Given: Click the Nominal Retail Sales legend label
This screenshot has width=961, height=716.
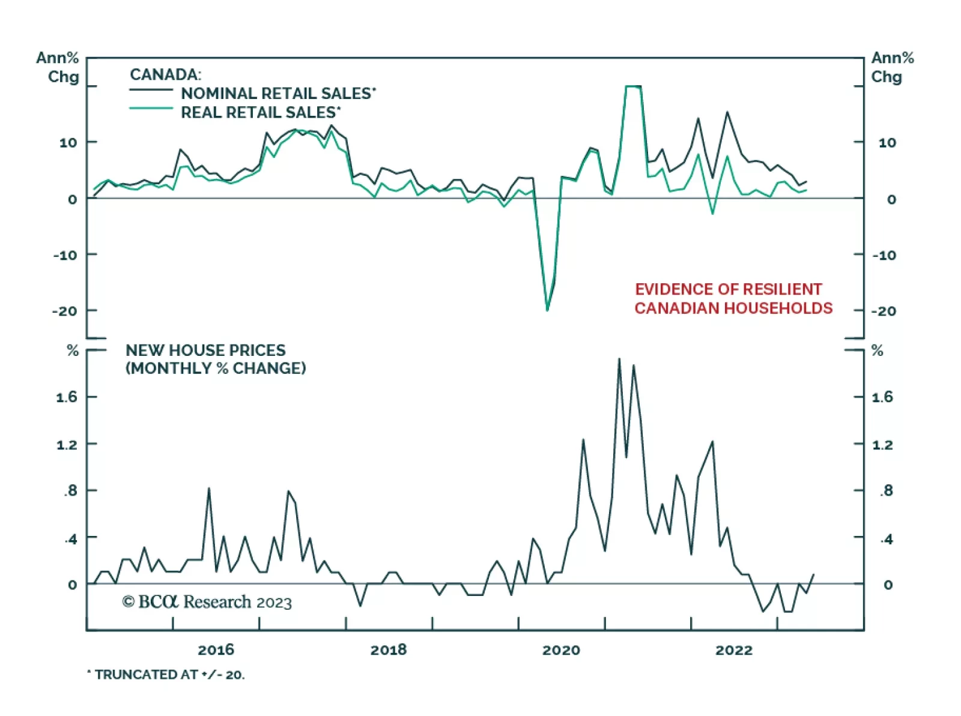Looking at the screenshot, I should coord(278,94).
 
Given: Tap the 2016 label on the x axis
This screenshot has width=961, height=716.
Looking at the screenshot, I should coord(216,650).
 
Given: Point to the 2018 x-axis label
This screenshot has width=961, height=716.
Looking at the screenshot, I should coord(389,650).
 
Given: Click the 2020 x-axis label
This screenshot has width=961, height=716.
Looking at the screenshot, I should coord(561,650).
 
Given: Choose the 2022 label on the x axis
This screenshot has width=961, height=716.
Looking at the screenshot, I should coord(734,650).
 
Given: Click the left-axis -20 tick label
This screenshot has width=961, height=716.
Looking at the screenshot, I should coord(64,311).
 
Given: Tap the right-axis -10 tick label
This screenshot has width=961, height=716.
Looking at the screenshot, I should coord(884,255).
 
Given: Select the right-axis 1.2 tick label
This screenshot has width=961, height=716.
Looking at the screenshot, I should coord(882,445).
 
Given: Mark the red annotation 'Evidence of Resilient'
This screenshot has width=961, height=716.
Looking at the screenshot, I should coord(728,289).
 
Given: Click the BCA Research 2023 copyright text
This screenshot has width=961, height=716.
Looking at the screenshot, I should coord(207,602).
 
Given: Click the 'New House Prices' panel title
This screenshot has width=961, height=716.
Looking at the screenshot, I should coord(205,350).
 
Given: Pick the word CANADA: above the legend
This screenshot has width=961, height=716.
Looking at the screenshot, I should coord(165,74).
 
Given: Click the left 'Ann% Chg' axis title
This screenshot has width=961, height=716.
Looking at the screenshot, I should coord(58,67).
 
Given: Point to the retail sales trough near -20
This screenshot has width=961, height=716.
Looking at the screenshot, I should coord(547,310).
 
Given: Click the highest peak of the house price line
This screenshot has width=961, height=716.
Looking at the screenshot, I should coord(619,359).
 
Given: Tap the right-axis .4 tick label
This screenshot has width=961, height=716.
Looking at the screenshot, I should coord(886,539).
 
